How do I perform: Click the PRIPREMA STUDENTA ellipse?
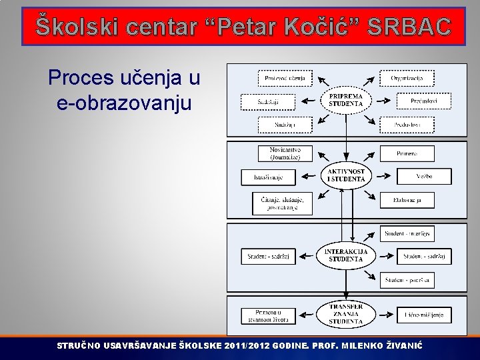coord(345,101)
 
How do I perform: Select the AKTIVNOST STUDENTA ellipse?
coord(345,176)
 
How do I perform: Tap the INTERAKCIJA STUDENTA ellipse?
coord(345,255)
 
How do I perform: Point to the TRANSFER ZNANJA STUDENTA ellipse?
coord(345,314)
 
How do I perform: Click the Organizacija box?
coord(407,78)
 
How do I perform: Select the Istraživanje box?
coord(268,177)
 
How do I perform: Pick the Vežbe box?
coord(424,177)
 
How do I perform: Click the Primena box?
coord(407,153)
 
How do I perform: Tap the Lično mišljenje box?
coord(424,314)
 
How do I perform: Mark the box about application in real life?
coord(268,315)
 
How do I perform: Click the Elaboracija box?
coord(407,199)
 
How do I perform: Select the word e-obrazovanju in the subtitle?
coord(124,104)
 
